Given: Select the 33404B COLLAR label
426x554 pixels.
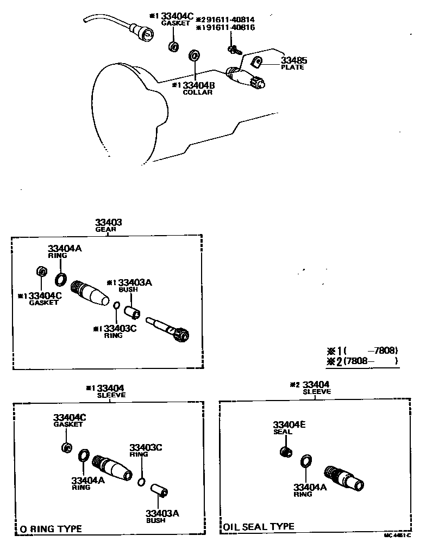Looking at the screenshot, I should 196,88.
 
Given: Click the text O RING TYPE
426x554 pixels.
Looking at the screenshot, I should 51,528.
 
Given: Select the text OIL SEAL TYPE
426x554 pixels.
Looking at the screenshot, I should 259,526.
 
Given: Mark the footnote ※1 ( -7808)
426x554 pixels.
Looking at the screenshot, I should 362,350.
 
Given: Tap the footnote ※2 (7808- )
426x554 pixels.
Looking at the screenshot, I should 362,361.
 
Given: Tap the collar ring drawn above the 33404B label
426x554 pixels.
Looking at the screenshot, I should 193,56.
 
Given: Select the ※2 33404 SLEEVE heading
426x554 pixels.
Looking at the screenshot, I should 312,387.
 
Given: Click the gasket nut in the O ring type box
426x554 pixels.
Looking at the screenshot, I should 66,447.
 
